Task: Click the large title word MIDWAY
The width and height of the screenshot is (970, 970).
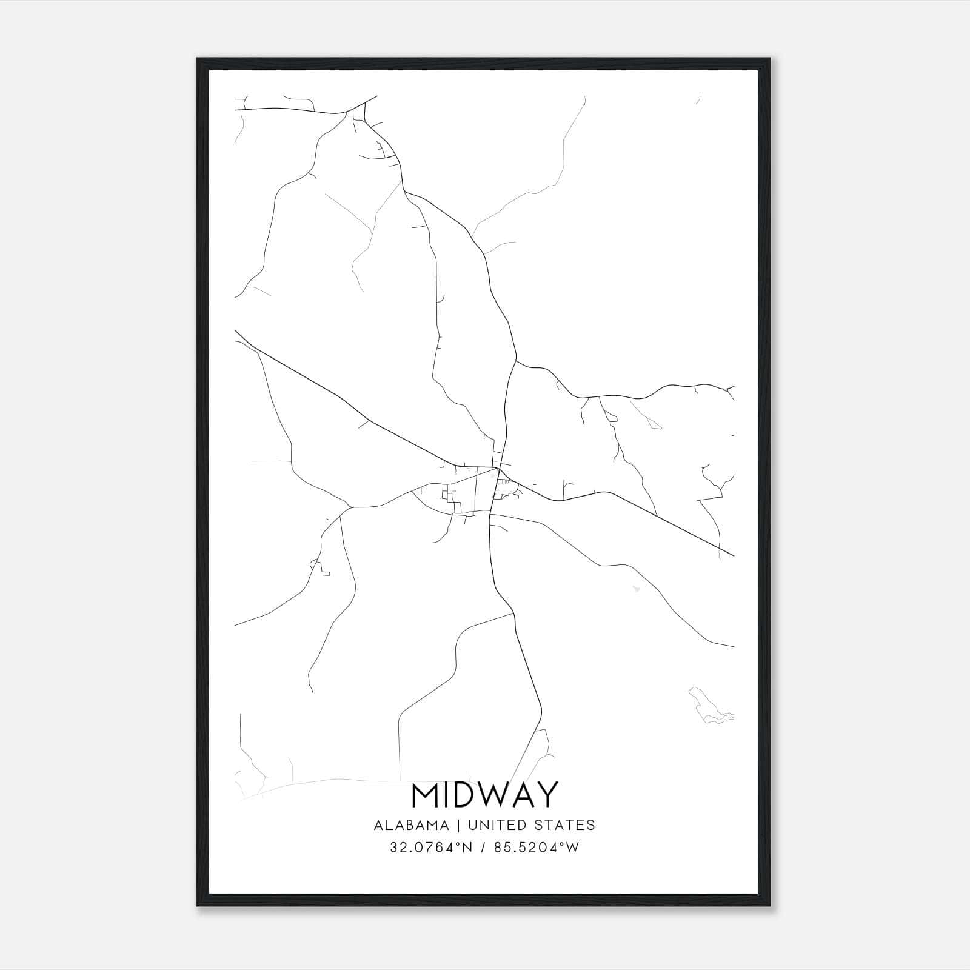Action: pos(484,795)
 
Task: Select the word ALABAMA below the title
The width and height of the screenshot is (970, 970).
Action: pos(412,825)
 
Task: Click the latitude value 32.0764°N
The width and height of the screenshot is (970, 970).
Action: pos(431,848)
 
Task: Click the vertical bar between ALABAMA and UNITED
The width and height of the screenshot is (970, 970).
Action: pos(458,825)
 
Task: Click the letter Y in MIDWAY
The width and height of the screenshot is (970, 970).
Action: pos(546,795)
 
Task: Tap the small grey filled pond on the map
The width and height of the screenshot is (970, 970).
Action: pos(635,588)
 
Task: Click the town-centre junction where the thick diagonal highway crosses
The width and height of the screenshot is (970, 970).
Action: pos(497,469)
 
